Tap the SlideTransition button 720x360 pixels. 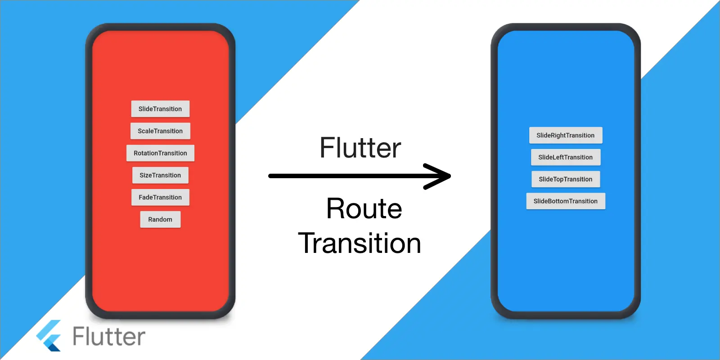[160, 109]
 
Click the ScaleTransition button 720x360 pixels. [160, 131]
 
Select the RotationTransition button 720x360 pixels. [160, 153]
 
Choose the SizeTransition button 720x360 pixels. [160, 175]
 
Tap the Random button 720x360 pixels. [160, 220]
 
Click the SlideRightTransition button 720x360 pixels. [566, 135]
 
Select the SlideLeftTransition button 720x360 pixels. [566, 157]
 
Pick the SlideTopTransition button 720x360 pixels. [566, 179]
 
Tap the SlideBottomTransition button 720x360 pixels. [566, 201]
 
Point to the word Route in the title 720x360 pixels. [364, 209]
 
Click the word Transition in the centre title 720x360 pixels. [360, 243]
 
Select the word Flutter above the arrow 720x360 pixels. [360, 148]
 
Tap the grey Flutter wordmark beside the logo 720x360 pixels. [109, 337]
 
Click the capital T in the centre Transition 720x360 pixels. [309, 243]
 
